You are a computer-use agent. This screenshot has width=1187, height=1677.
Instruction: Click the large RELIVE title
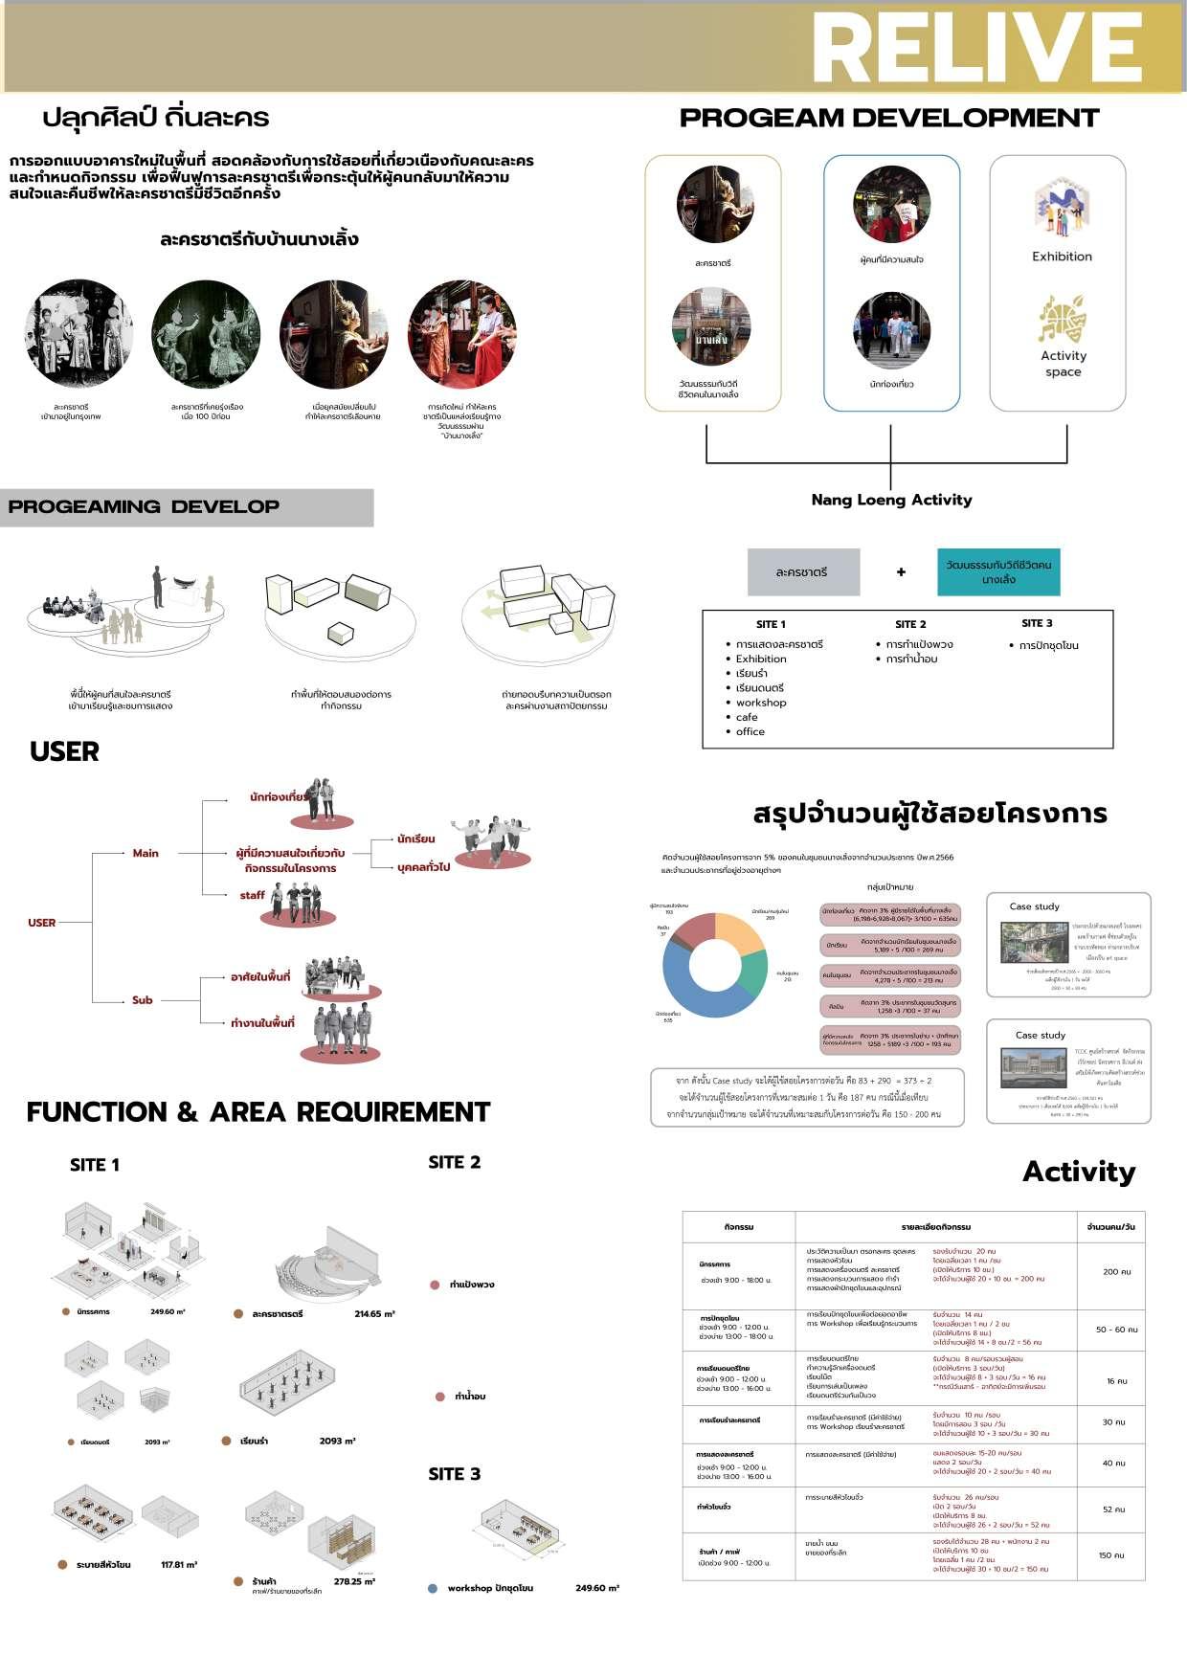(976, 48)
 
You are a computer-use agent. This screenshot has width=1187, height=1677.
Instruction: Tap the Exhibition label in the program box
(1062, 257)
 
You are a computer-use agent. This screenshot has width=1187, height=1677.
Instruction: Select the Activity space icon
(1063, 319)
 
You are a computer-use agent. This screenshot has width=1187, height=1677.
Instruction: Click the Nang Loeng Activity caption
(891, 500)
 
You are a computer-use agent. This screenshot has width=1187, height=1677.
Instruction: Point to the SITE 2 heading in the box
(910, 624)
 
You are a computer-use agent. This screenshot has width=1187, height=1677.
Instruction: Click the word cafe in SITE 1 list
(747, 717)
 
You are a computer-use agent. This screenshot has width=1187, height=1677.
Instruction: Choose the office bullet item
(750, 731)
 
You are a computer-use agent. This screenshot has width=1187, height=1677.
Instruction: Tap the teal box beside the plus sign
(998, 571)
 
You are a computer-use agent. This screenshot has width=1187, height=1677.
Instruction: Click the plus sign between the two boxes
(901, 572)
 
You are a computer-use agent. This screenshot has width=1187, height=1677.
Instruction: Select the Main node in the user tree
(146, 853)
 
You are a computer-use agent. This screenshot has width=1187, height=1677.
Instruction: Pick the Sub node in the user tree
(143, 1000)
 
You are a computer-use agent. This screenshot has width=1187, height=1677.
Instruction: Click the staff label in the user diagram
(253, 896)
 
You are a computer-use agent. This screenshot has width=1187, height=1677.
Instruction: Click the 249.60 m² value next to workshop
(596, 1588)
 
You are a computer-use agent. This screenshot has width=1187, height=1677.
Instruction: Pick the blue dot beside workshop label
(433, 1588)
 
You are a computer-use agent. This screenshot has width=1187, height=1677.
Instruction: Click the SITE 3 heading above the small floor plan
(455, 1474)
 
